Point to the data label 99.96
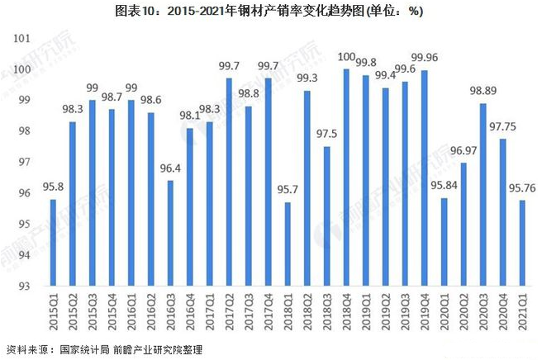[425, 57]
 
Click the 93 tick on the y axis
[24, 287]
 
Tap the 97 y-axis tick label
[24, 163]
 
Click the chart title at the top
[270, 11]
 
